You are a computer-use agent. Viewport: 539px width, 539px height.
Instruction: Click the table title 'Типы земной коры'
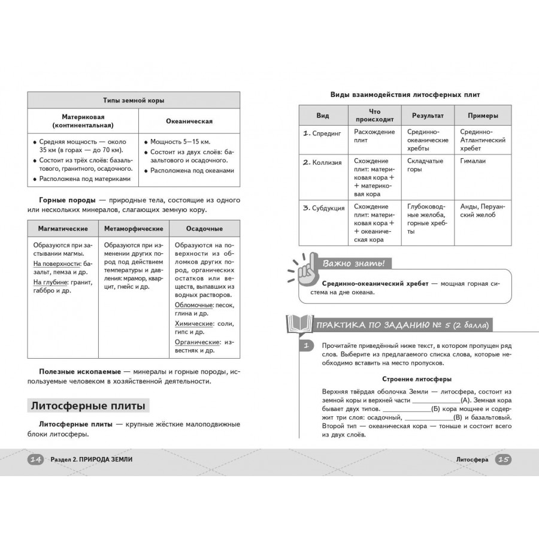[134, 101]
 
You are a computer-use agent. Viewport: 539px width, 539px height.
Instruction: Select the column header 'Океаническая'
[189, 121]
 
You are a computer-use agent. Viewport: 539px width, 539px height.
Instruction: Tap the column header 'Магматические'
[63, 229]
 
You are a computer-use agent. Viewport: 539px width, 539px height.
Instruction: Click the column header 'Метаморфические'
[134, 229]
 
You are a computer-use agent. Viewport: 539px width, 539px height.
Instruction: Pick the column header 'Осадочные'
[204, 229]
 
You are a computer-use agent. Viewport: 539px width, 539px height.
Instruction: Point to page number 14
[35, 459]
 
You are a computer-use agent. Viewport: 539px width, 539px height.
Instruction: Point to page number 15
[504, 459]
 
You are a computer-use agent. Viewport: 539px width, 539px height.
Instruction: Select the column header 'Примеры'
[483, 115]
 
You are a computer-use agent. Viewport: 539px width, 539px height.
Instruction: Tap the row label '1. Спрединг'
[324, 133]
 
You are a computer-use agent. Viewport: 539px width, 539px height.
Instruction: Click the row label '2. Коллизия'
[324, 162]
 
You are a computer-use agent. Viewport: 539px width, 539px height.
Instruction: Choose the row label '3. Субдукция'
[324, 208]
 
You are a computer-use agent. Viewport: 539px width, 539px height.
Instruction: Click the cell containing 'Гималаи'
[473, 161]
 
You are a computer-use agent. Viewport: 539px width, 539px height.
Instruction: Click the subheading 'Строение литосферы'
[417, 379]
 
